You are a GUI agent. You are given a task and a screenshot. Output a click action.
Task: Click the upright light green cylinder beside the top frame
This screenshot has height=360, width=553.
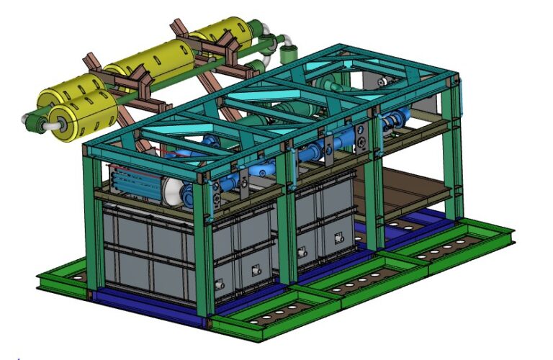[x=291, y=53]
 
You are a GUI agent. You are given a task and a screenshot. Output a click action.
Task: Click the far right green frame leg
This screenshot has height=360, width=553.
[x=454, y=151]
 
